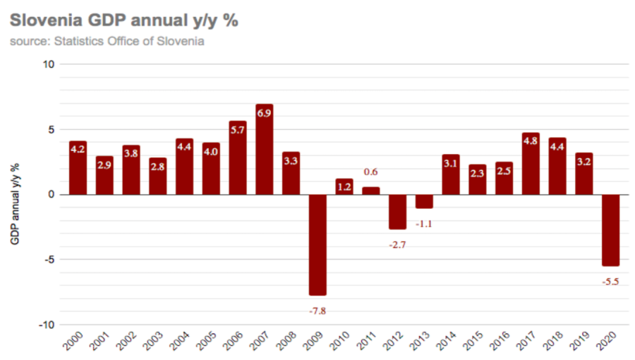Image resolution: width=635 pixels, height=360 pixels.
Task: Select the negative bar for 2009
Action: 317,244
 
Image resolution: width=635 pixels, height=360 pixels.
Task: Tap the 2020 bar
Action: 610,229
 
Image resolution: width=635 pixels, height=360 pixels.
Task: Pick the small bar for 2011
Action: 370,191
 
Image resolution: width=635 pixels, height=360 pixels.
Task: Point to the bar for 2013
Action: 424,201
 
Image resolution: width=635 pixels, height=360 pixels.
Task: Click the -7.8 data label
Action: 317,311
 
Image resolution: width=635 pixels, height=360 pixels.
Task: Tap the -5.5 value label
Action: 610,282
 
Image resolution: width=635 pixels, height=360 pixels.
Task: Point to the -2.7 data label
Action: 397,244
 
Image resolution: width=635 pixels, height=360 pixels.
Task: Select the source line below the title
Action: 107,41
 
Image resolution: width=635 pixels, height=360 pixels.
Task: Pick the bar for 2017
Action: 531,164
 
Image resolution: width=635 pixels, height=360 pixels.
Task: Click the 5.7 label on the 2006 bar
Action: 238,130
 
